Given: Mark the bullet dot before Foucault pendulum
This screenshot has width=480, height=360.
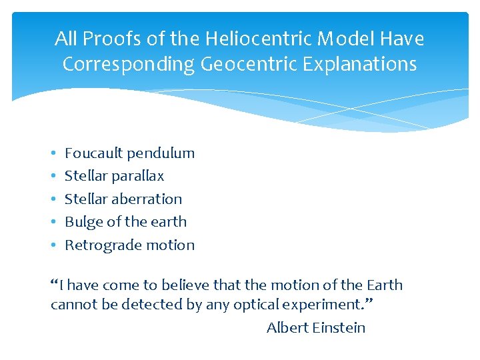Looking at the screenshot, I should point(53,154).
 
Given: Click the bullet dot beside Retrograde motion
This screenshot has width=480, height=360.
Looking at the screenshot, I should point(53,245).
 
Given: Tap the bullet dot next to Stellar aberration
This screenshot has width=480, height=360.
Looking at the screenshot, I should point(53,199).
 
